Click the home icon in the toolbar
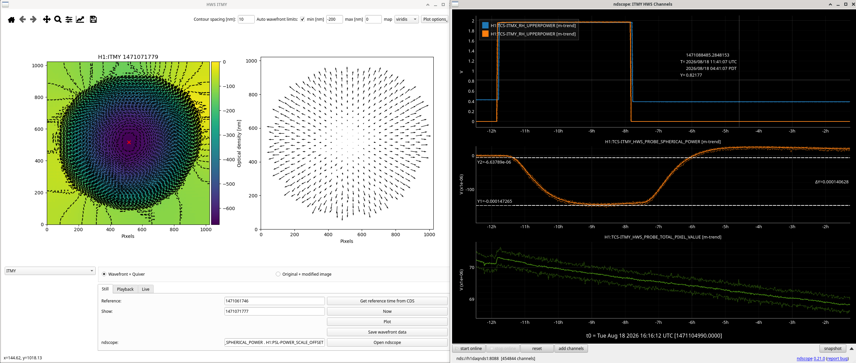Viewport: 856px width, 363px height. click(11, 19)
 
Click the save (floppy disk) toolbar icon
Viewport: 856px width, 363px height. click(93, 19)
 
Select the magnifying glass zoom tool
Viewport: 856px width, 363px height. click(58, 19)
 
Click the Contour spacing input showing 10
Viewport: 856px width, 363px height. click(246, 19)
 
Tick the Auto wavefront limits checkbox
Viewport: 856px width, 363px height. click(303, 19)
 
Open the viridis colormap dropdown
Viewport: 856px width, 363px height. click(407, 19)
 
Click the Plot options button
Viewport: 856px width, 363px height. click(434, 19)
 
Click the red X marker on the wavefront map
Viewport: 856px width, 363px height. click(129, 142)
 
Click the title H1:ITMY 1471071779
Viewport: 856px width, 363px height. click(128, 57)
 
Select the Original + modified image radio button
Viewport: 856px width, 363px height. click(278, 274)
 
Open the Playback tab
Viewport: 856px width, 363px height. click(125, 289)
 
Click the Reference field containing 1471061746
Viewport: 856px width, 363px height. click(274, 301)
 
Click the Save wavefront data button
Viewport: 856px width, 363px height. click(387, 332)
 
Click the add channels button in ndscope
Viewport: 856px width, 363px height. click(571, 348)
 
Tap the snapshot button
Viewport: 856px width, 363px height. click(833, 348)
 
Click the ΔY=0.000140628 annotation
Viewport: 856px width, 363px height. click(832, 182)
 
